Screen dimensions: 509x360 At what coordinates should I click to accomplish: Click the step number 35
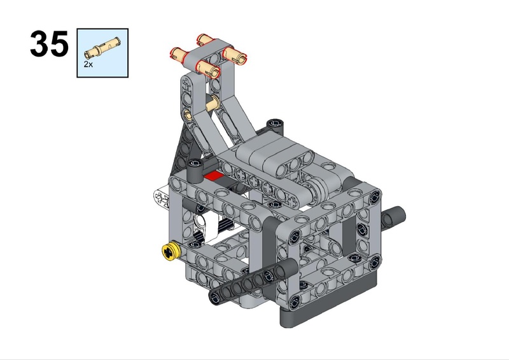click(x=50, y=44)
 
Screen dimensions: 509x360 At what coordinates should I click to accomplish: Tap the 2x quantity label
click(x=88, y=64)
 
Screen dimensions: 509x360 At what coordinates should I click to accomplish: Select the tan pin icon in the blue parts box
click(x=102, y=48)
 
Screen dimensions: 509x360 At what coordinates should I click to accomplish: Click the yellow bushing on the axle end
click(x=171, y=252)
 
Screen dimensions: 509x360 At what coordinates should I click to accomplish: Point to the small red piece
click(x=214, y=176)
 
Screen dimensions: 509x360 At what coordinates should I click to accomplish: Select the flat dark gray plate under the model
click(x=328, y=310)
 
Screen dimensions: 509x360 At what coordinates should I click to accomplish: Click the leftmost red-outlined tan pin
click(x=179, y=54)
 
